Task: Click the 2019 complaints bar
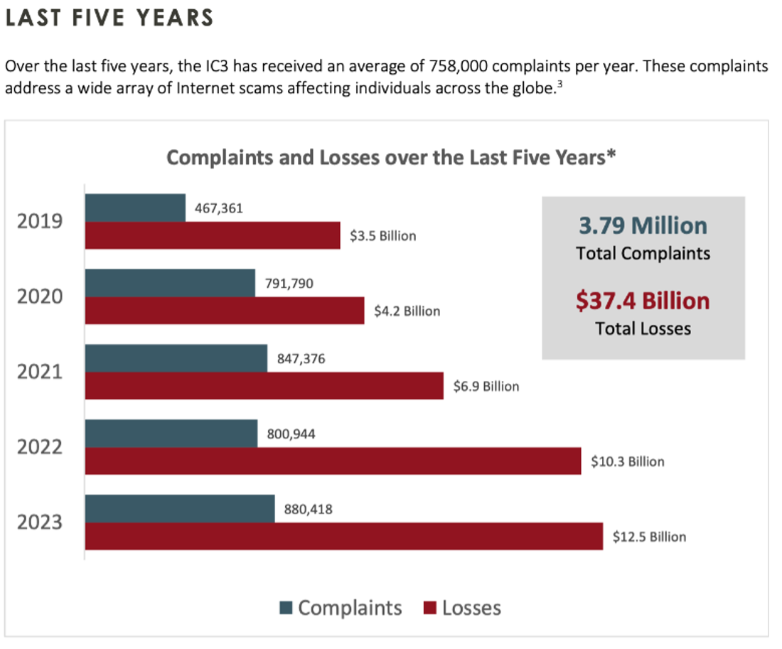tap(135, 208)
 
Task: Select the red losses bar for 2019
tap(213, 235)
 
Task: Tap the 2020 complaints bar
tap(170, 283)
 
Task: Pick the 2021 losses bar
tap(264, 386)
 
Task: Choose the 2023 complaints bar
tap(180, 509)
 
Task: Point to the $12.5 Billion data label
tap(649, 537)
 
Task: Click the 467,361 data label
tap(219, 208)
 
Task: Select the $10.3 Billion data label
tap(628, 461)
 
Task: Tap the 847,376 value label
tap(296, 359)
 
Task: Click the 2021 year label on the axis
tap(40, 372)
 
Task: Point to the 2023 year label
tap(40, 522)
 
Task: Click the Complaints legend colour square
tap(286, 608)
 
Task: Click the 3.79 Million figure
tap(643, 226)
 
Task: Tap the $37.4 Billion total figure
tap(643, 301)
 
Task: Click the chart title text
tap(390, 157)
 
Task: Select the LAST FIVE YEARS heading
tap(109, 18)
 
